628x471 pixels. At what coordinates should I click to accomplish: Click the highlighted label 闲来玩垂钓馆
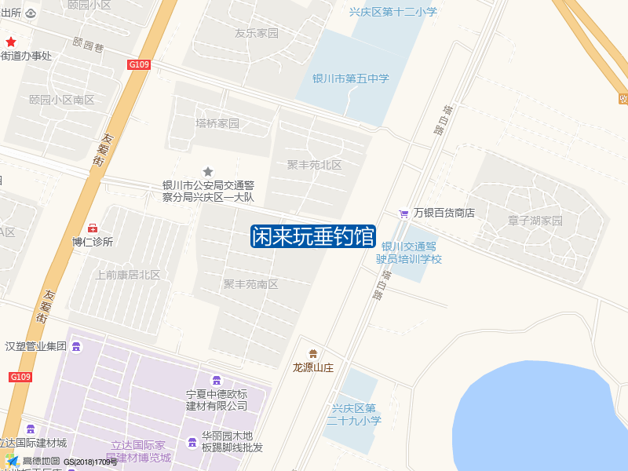(x=312, y=236)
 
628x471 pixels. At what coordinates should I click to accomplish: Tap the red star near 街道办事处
(x=11, y=42)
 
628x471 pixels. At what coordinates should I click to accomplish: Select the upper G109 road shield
(x=139, y=64)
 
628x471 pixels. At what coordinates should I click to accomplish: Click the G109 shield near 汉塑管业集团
(x=20, y=378)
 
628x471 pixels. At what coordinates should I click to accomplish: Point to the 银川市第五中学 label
(x=351, y=78)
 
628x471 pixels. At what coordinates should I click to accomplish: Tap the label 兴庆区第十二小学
(x=392, y=12)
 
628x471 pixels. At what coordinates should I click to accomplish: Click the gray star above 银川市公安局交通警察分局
(x=208, y=171)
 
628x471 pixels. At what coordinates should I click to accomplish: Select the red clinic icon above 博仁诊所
(x=93, y=228)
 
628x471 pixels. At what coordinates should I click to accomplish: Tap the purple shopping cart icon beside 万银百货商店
(x=403, y=213)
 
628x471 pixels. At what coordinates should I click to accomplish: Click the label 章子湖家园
(x=535, y=221)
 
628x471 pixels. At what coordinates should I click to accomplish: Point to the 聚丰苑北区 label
(x=314, y=165)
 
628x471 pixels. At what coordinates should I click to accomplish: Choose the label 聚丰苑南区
(x=250, y=284)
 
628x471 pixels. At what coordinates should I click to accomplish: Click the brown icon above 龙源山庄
(x=313, y=354)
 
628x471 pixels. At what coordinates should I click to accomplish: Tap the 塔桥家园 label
(x=217, y=123)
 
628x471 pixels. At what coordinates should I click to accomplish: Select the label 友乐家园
(x=257, y=34)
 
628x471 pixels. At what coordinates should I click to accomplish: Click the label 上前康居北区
(x=127, y=275)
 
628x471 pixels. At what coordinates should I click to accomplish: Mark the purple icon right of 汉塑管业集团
(x=76, y=346)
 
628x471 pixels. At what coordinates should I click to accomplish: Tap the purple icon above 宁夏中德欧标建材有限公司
(x=217, y=380)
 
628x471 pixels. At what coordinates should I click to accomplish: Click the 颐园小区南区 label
(x=61, y=100)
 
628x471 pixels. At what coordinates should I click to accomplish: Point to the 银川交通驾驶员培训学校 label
(x=408, y=252)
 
